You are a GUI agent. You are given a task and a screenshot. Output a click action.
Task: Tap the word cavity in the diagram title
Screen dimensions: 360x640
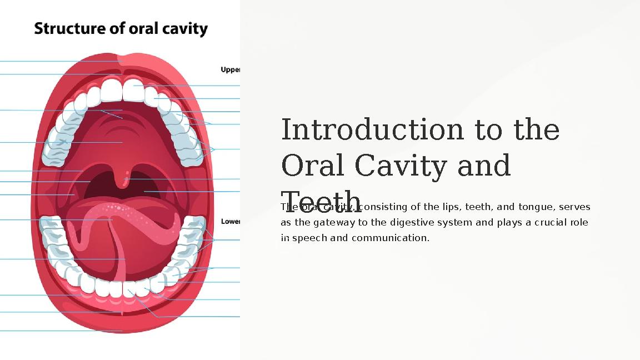184,28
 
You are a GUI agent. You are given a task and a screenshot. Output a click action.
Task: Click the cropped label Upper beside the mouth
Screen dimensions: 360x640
231,70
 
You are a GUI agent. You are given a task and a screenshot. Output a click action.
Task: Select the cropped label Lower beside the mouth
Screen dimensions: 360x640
231,221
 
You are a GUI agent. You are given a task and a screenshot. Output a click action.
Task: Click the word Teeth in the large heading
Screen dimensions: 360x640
321,201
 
